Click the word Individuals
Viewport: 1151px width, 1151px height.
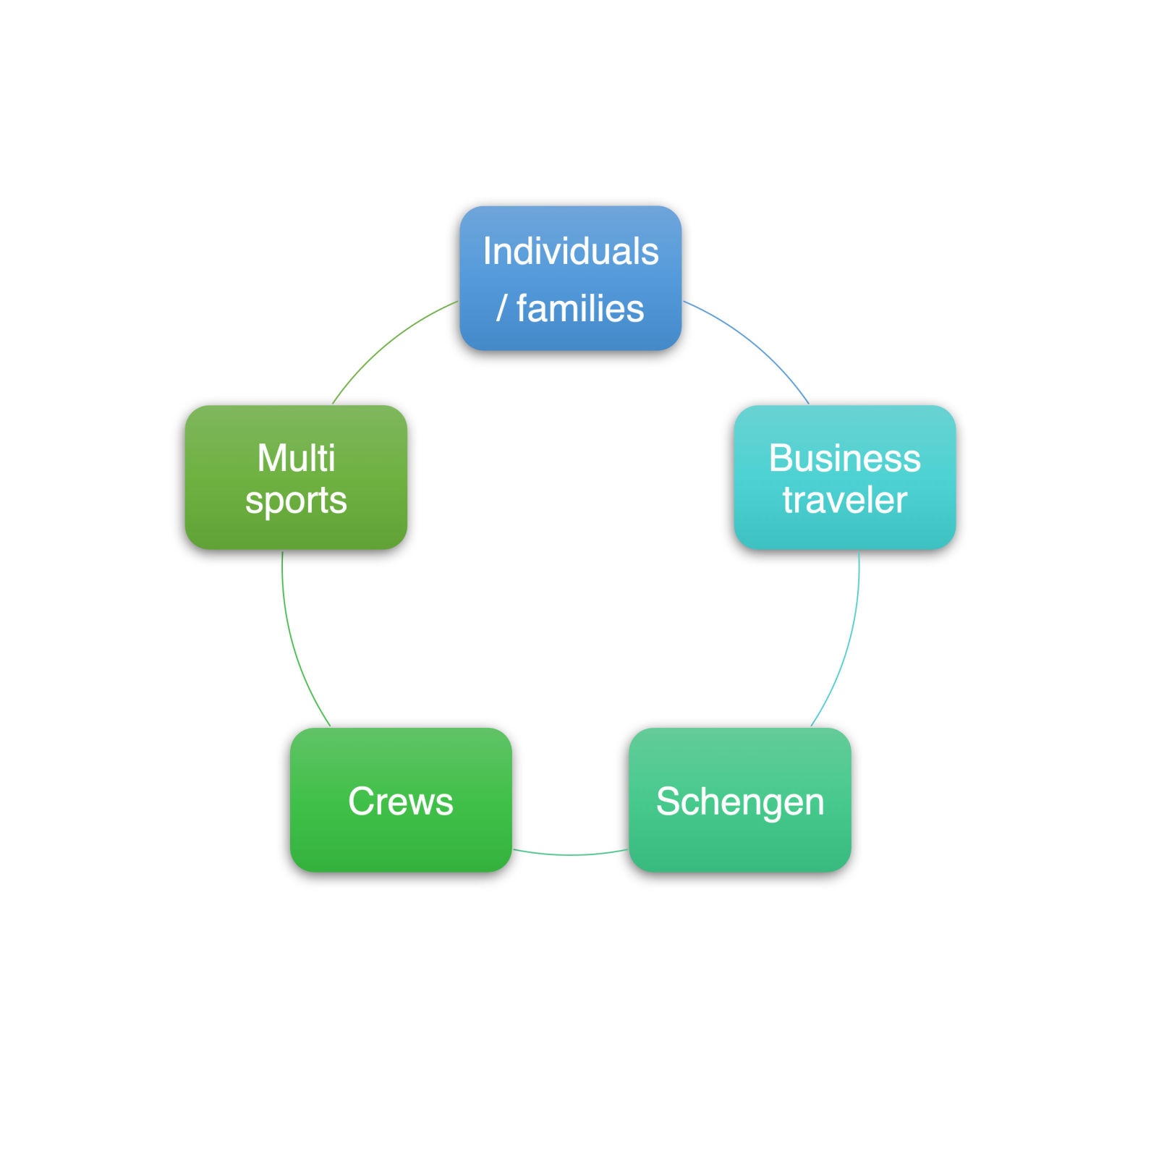click(x=570, y=252)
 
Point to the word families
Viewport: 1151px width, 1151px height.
click(x=580, y=309)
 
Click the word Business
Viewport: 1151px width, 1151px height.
click(x=844, y=458)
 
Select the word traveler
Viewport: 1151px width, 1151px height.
click(x=844, y=500)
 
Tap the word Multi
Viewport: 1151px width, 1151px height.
click(x=296, y=458)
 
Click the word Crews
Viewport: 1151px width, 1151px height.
click(x=400, y=801)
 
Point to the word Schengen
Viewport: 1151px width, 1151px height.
click(x=739, y=802)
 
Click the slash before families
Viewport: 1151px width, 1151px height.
click(x=501, y=309)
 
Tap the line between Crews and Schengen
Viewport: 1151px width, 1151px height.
click(x=570, y=854)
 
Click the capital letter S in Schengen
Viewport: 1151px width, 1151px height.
click(x=668, y=801)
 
